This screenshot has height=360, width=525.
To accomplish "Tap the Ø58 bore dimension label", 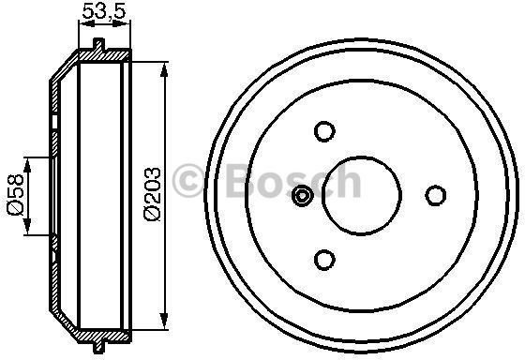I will click(x=15, y=195).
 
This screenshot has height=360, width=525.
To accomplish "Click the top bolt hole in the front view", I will click(x=325, y=130).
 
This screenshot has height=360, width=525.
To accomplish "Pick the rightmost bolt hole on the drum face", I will click(x=435, y=195).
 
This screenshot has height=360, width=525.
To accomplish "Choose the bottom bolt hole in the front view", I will click(x=325, y=260).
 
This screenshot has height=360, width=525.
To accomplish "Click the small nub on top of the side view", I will click(x=99, y=45).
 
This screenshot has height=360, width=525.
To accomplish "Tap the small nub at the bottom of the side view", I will click(x=99, y=338).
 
